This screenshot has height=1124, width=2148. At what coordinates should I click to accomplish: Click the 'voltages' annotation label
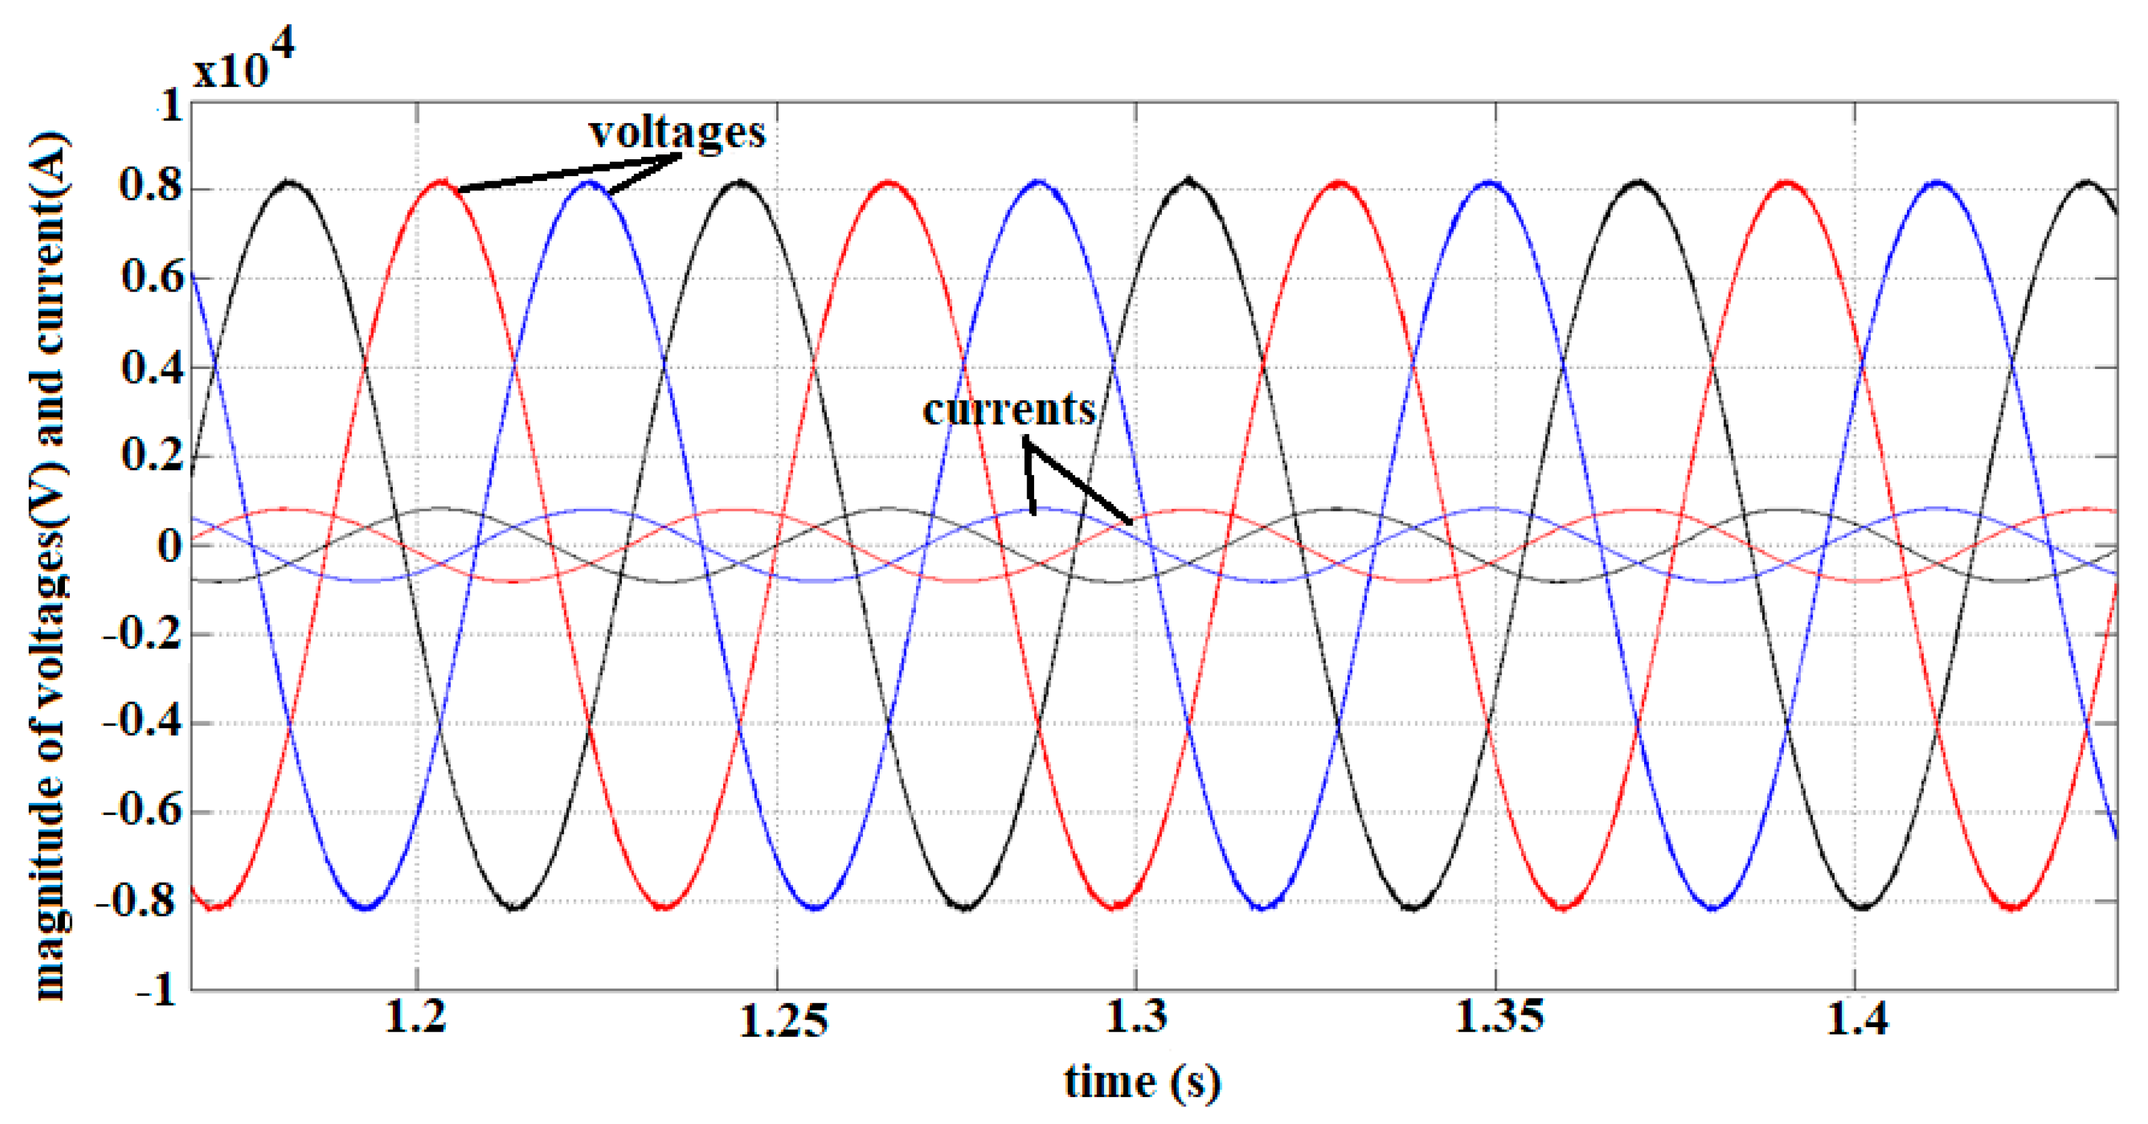[676, 132]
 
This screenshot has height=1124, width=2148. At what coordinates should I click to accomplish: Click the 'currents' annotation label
[1008, 410]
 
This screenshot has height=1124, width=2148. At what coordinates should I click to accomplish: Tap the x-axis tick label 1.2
[416, 1017]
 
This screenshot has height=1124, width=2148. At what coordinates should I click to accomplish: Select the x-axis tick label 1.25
[783, 1020]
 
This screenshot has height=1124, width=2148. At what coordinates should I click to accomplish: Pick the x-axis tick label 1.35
[1499, 1017]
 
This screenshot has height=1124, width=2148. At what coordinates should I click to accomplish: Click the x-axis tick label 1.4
[1856, 1018]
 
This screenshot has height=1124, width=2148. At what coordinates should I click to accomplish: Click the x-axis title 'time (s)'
[1141, 1082]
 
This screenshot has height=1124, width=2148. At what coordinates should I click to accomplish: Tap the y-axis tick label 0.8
[151, 184]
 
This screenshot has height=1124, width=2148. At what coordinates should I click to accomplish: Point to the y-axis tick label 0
[169, 546]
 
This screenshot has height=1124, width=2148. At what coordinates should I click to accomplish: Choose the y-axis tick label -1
[157, 990]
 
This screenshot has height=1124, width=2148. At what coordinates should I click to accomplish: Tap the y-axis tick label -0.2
[142, 634]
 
